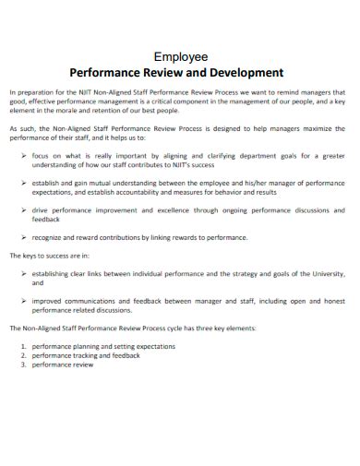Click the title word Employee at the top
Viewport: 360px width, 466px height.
[x=179, y=54]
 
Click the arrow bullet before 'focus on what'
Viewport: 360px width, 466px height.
[x=23, y=156]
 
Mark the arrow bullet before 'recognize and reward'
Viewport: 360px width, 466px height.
[x=23, y=236]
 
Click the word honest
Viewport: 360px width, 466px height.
[x=331, y=300]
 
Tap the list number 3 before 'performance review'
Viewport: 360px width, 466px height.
[x=23, y=364]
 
